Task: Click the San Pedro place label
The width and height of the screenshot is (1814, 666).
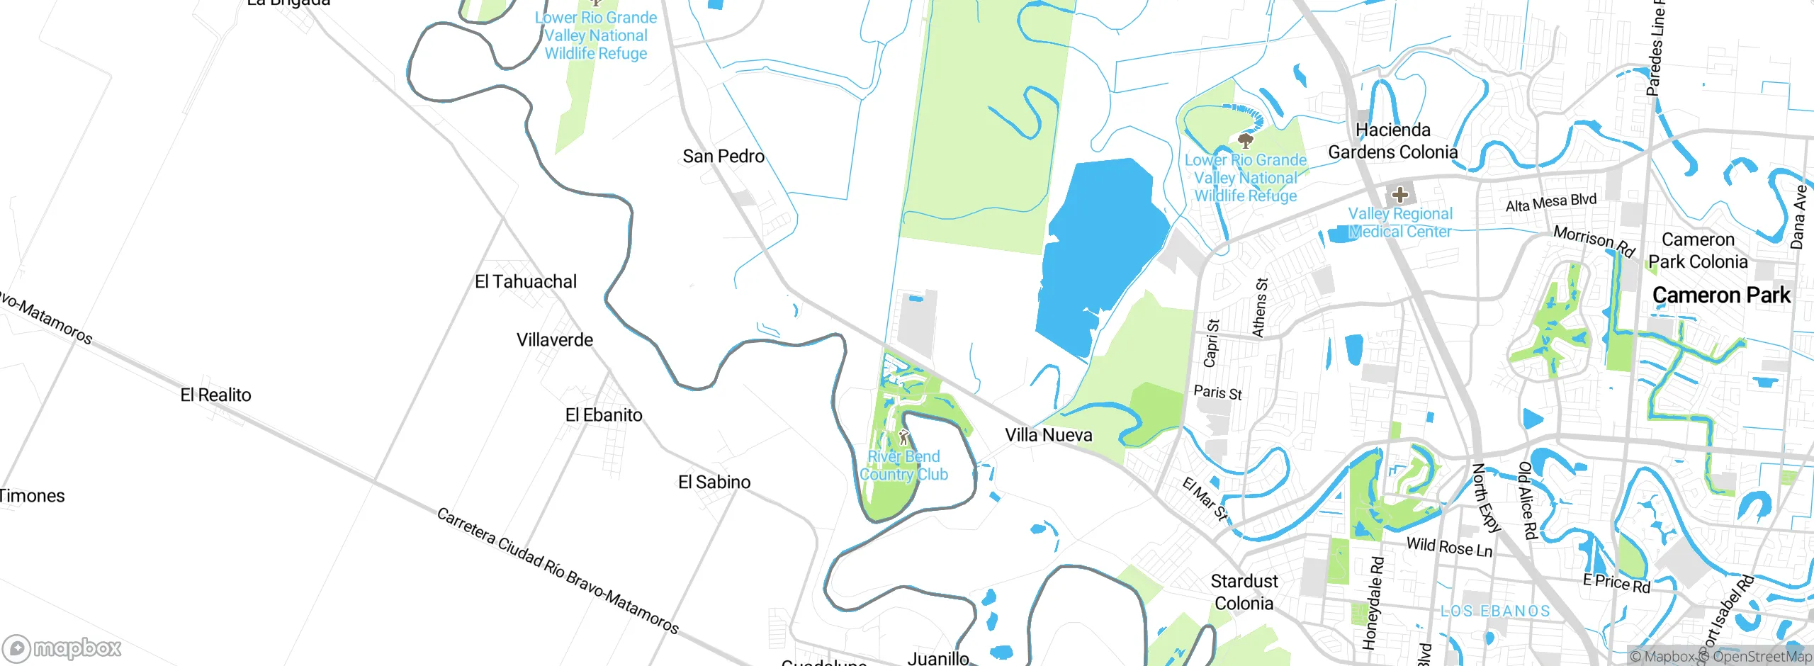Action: point(723,157)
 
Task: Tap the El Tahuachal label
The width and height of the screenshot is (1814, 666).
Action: point(526,282)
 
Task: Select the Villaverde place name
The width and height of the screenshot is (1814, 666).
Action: point(554,340)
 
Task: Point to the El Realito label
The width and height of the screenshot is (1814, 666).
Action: point(215,395)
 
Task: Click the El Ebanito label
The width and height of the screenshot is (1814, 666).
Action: point(604,415)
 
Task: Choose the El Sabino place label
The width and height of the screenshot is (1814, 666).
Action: point(714,482)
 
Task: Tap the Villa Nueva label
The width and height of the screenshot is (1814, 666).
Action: point(1049,435)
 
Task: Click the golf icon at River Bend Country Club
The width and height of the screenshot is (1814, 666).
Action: point(903,436)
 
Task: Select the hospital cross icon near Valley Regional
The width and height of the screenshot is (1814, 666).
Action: point(1399,194)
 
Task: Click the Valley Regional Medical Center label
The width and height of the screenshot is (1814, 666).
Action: point(1399,223)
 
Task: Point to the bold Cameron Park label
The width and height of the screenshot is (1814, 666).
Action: point(1721,295)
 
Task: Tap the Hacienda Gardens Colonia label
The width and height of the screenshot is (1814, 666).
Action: point(1392,141)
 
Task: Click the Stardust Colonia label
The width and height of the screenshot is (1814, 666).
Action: point(1244,592)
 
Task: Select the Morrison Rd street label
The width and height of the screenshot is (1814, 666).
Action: point(1594,241)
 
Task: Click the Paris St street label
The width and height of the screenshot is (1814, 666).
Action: point(1217,393)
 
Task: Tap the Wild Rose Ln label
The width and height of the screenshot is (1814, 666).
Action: point(1449,547)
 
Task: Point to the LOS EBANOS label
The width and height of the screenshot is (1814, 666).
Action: point(1495,611)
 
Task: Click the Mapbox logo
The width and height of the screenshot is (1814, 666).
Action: point(62,648)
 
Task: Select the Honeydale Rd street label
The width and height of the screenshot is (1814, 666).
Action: point(1373,602)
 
